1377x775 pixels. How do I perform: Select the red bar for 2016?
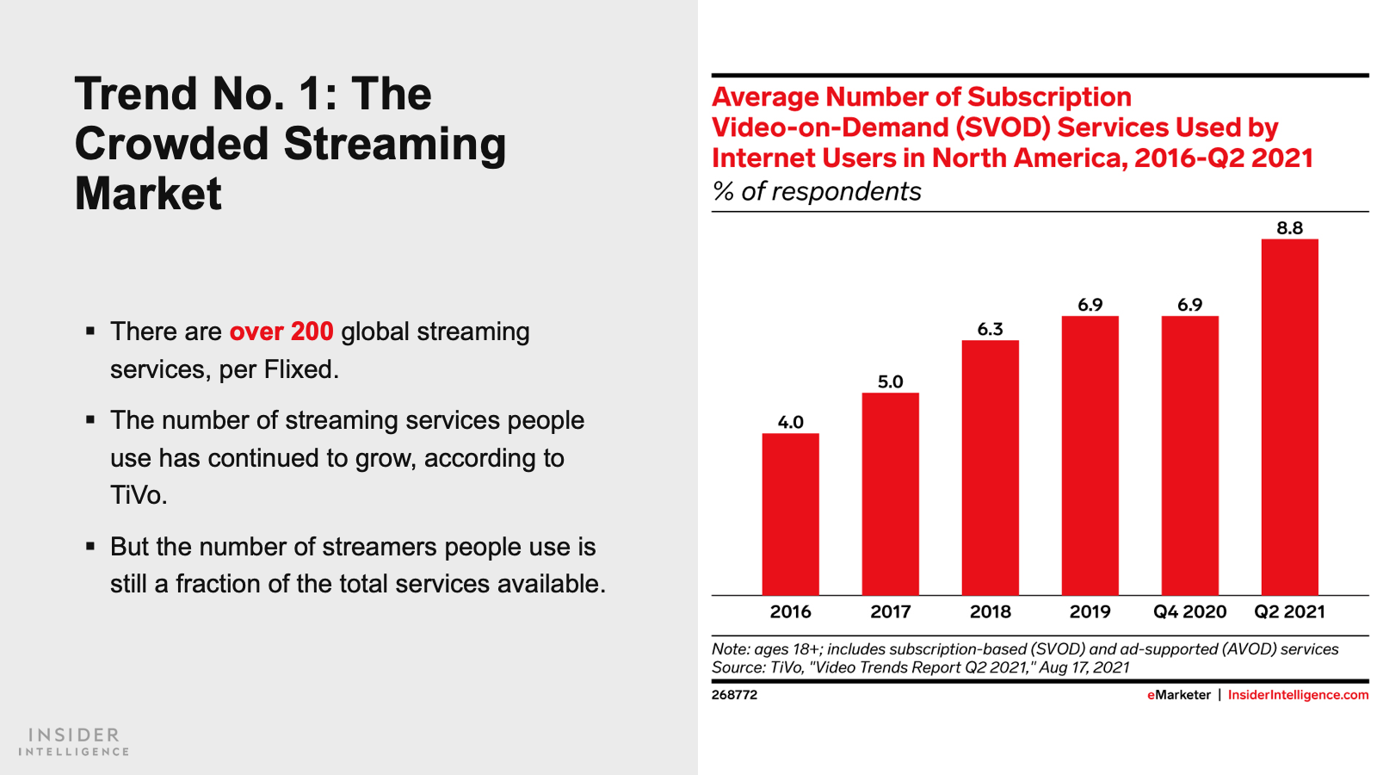pyautogui.click(x=790, y=514)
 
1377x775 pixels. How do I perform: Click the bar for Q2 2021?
pyautogui.click(x=1289, y=417)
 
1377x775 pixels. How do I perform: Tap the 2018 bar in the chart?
pyautogui.click(x=990, y=468)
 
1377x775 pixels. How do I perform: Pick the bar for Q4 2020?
pyautogui.click(x=1189, y=456)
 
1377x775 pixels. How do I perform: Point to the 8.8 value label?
pyautogui.click(x=1289, y=228)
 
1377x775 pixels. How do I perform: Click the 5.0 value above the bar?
pyautogui.click(x=890, y=381)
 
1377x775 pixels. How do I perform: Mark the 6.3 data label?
pyautogui.click(x=990, y=329)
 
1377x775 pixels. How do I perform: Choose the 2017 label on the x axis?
pyautogui.click(x=890, y=611)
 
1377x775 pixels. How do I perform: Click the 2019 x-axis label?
pyautogui.click(x=1090, y=611)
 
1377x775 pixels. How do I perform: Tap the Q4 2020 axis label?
pyautogui.click(x=1189, y=611)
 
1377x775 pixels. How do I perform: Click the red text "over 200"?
pyautogui.click(x=281, y=332)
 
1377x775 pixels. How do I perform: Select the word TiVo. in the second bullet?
pyautogui.click(x=139, y=495)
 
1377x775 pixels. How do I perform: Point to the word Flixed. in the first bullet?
pyautogui.click(x=301, y=369)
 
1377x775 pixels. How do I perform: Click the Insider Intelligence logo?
pyautogui.click(x=74, y=741)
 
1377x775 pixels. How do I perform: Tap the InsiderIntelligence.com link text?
pyautogui.click(x=1298, y=695)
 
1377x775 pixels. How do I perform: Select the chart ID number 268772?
pyautogui.click(x=734, y=695)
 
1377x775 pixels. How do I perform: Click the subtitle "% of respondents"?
pyautogui.click(x=817, y=191)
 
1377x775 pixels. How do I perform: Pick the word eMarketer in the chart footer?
pyautogui.click(x=1178, y=695)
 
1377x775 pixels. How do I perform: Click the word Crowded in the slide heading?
pyautogui.click(x=172, y=144)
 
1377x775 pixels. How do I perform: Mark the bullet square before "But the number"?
pyautogui.click(x=90, y=546)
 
